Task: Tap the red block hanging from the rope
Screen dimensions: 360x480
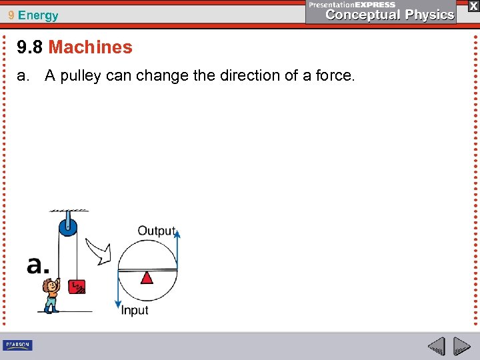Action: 77,286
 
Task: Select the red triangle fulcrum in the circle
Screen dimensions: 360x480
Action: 147,277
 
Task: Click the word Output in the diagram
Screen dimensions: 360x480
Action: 156,231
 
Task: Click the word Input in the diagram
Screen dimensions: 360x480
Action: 135,310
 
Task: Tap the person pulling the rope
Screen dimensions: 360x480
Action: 51,295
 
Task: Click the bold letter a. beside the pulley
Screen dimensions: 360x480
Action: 38,265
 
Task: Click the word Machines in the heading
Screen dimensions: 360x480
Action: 90,47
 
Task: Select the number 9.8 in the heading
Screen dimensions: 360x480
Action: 31,47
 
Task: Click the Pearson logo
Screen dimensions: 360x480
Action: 18,345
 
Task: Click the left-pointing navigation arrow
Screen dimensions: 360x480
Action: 437,346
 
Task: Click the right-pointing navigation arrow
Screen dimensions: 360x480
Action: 462,346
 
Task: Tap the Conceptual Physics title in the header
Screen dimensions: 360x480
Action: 389,15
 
